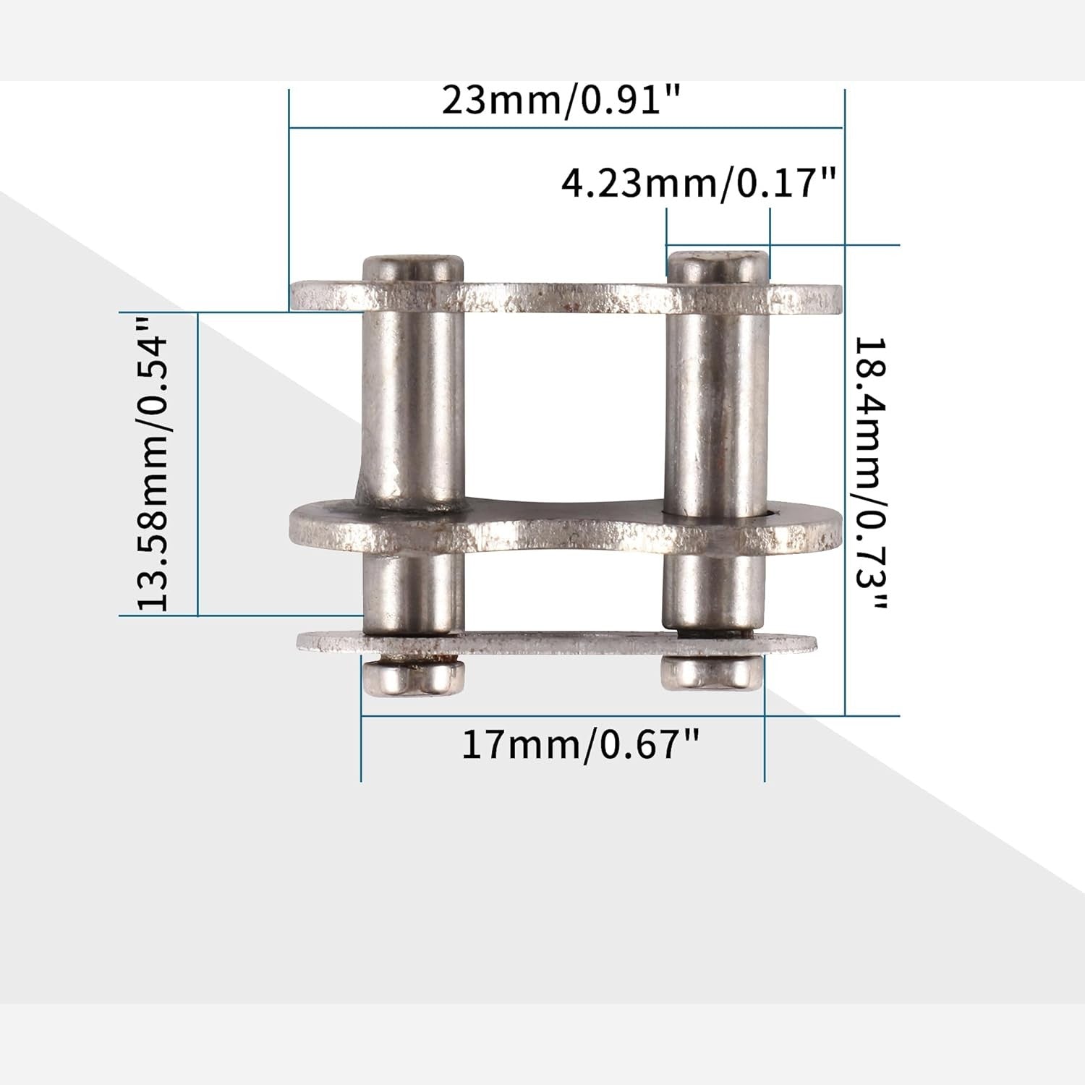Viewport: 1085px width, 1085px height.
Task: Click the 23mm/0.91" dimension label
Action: (562, 101)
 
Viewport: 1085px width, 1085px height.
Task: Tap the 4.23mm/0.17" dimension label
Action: (699, 184)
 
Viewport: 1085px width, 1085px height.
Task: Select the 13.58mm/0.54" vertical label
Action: (153, 464)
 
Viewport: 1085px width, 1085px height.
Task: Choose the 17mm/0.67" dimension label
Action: (581, 744)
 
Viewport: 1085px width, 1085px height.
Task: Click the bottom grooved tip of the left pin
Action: (414, 676)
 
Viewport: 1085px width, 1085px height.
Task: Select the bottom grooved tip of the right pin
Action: (712, 673)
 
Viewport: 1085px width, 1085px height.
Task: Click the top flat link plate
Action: (566, 297)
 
